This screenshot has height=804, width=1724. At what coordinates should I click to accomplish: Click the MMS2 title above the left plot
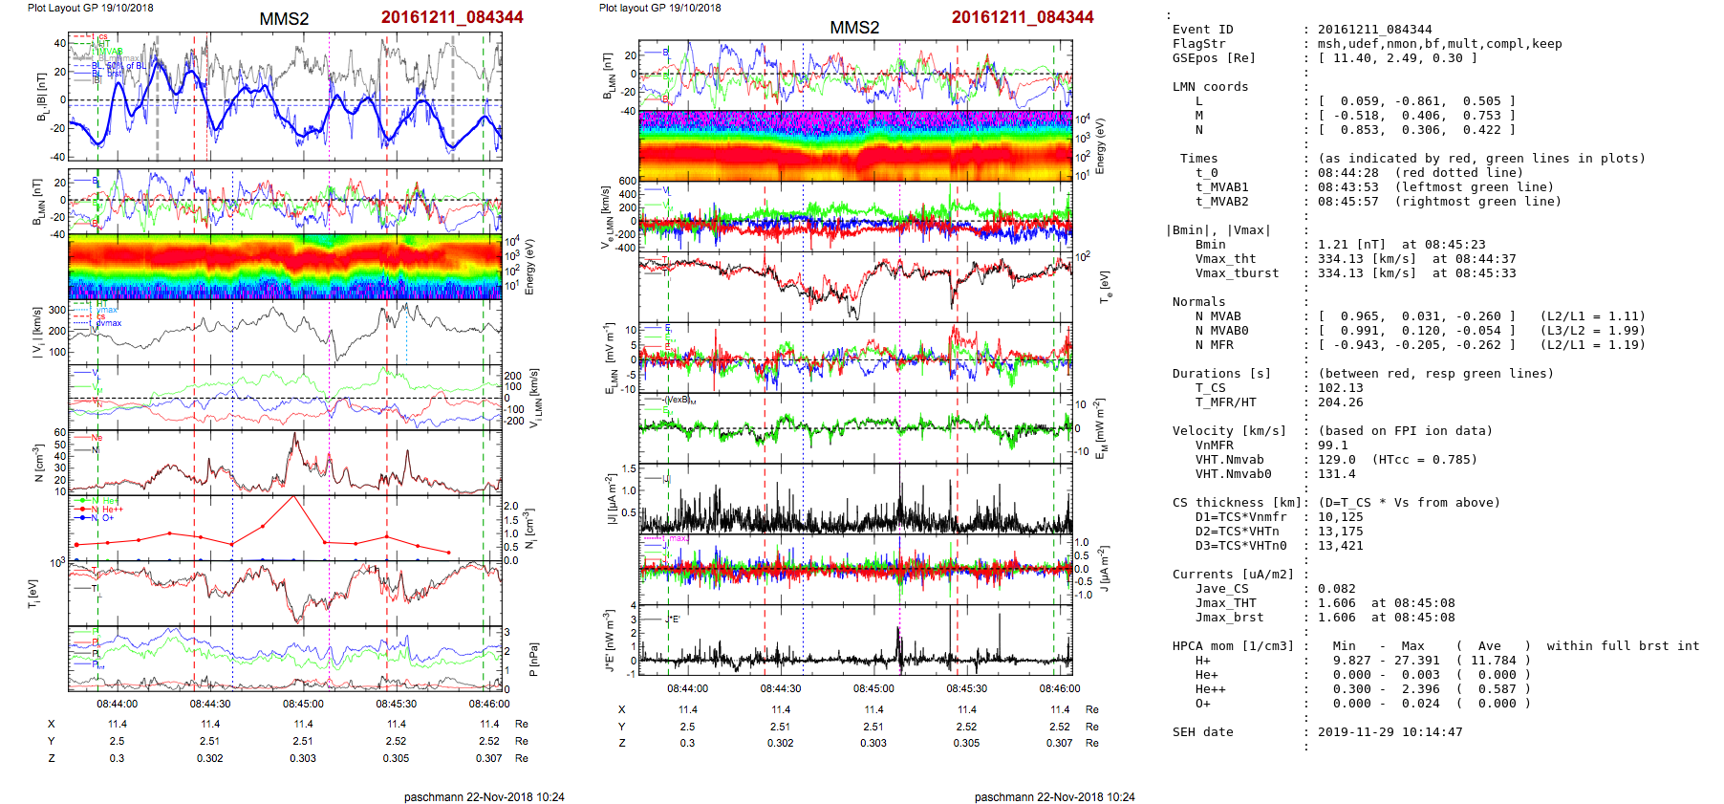284,19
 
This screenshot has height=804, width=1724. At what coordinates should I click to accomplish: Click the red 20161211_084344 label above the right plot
1022,17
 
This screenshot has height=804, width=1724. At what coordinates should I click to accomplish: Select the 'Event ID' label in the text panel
1202,30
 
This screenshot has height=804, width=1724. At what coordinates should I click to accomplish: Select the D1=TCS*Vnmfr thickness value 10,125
1340,517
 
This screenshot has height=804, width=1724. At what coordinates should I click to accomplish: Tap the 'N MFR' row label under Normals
1214,345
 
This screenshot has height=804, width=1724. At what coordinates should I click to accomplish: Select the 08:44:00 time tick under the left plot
117,704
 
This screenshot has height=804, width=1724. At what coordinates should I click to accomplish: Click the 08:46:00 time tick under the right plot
1060,688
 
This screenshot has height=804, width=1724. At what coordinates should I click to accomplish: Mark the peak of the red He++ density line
293,497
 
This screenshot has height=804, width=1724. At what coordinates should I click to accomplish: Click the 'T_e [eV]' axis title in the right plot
1105,285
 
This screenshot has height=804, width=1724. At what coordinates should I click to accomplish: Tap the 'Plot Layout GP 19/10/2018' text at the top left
90,8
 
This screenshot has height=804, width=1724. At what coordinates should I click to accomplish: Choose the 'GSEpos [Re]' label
1214,58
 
